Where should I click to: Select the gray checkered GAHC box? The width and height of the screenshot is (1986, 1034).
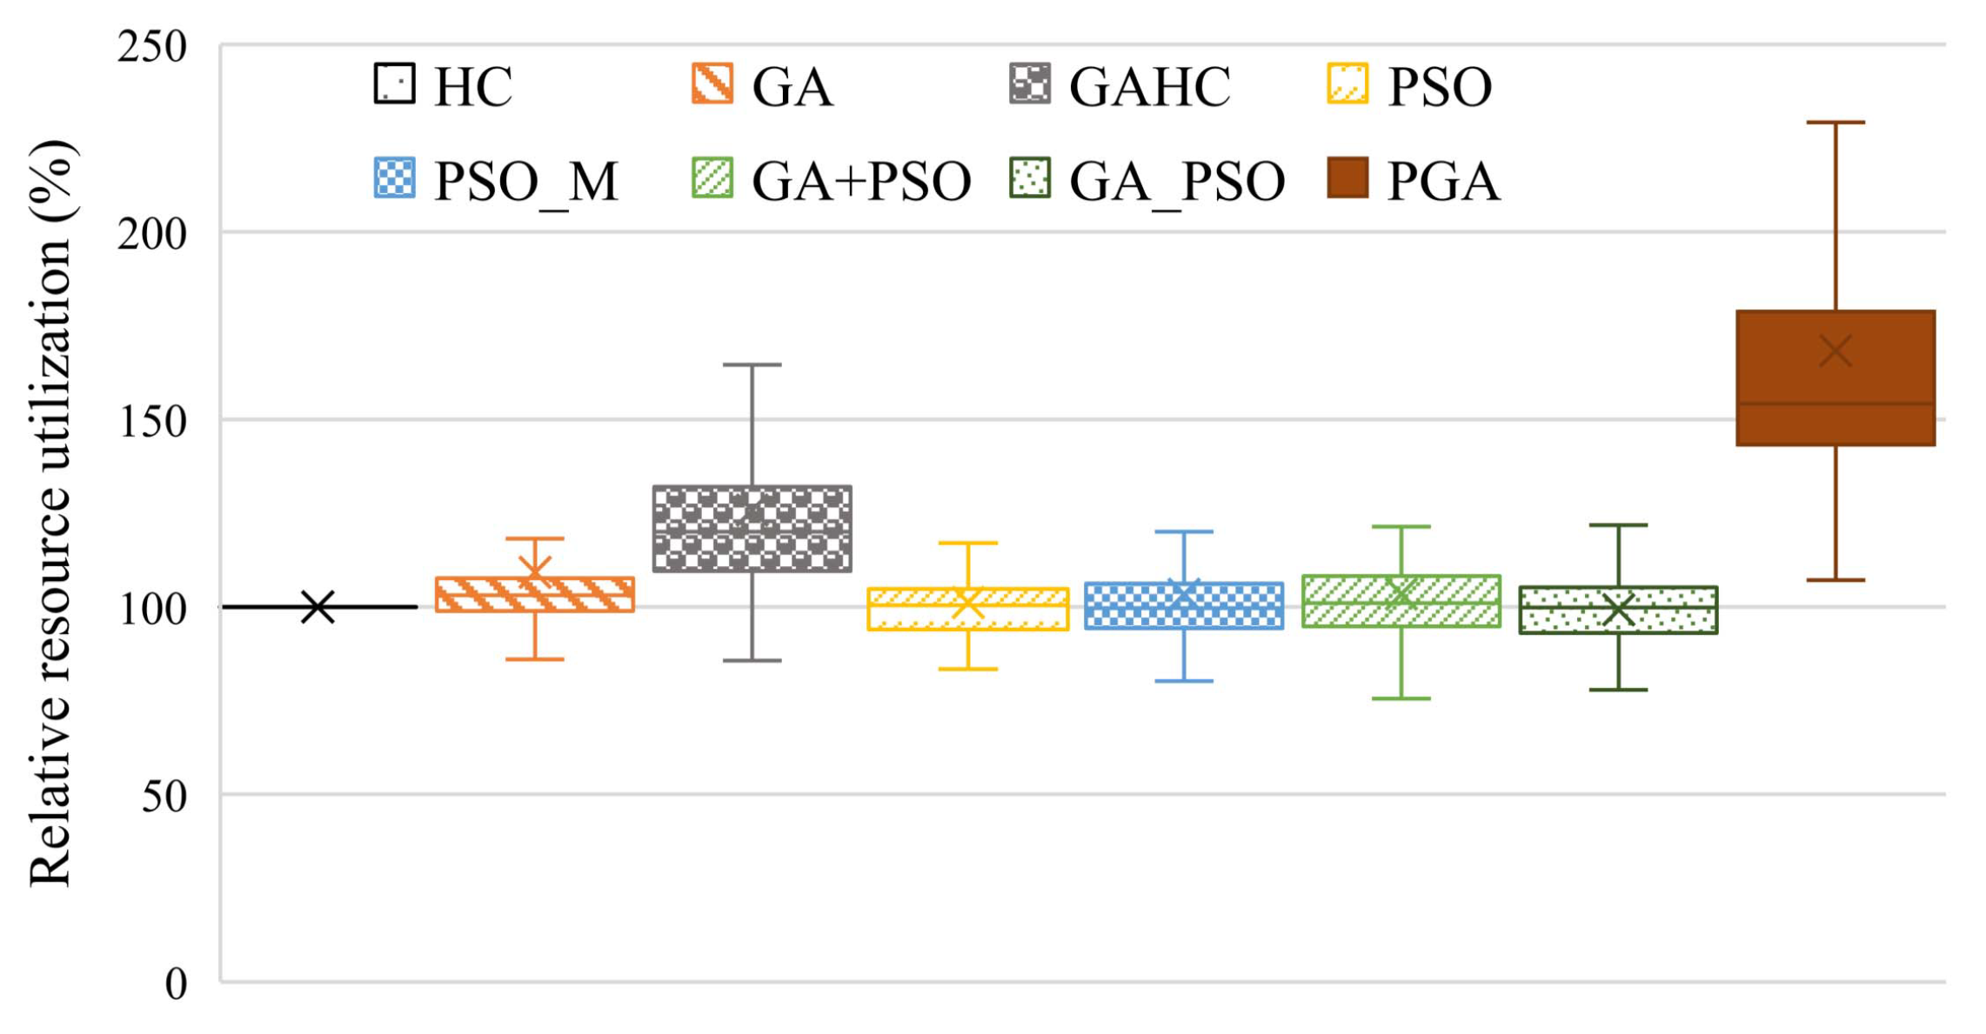[x=752, y=529]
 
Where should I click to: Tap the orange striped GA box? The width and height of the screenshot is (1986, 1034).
[x=534, y=595]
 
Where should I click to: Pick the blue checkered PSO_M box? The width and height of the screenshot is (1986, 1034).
[x=1183, y=605]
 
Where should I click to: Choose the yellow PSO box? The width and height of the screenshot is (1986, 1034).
[x=967, y=609]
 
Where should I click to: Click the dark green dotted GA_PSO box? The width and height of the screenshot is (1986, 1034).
[x=1617, y=610]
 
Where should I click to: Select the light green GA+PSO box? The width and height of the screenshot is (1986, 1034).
[x=1401, y=601]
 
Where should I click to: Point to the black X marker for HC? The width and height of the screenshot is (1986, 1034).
[x=318, y=607]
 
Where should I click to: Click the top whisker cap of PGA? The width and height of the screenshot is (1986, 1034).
[x=1835, y=123]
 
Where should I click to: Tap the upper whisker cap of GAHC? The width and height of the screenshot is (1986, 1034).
[x=752, y=365]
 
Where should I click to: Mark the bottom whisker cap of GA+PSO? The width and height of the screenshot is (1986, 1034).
[x=1401, y=698]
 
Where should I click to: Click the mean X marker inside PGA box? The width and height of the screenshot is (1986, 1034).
[x=1835, y=352]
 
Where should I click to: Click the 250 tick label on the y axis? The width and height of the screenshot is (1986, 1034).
[x=151, y=46]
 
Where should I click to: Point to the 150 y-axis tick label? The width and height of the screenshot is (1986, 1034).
[x=151, y=422]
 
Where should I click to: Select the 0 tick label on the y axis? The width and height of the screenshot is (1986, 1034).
[x=176, y=984]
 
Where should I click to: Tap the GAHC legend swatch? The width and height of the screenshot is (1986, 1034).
[x=1029, y=83]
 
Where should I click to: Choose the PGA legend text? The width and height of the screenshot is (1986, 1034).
[x=1442, y=181]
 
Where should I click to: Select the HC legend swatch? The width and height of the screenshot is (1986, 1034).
[x=394, y=83]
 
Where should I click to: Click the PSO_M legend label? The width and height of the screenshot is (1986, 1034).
[x=525, y=182]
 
